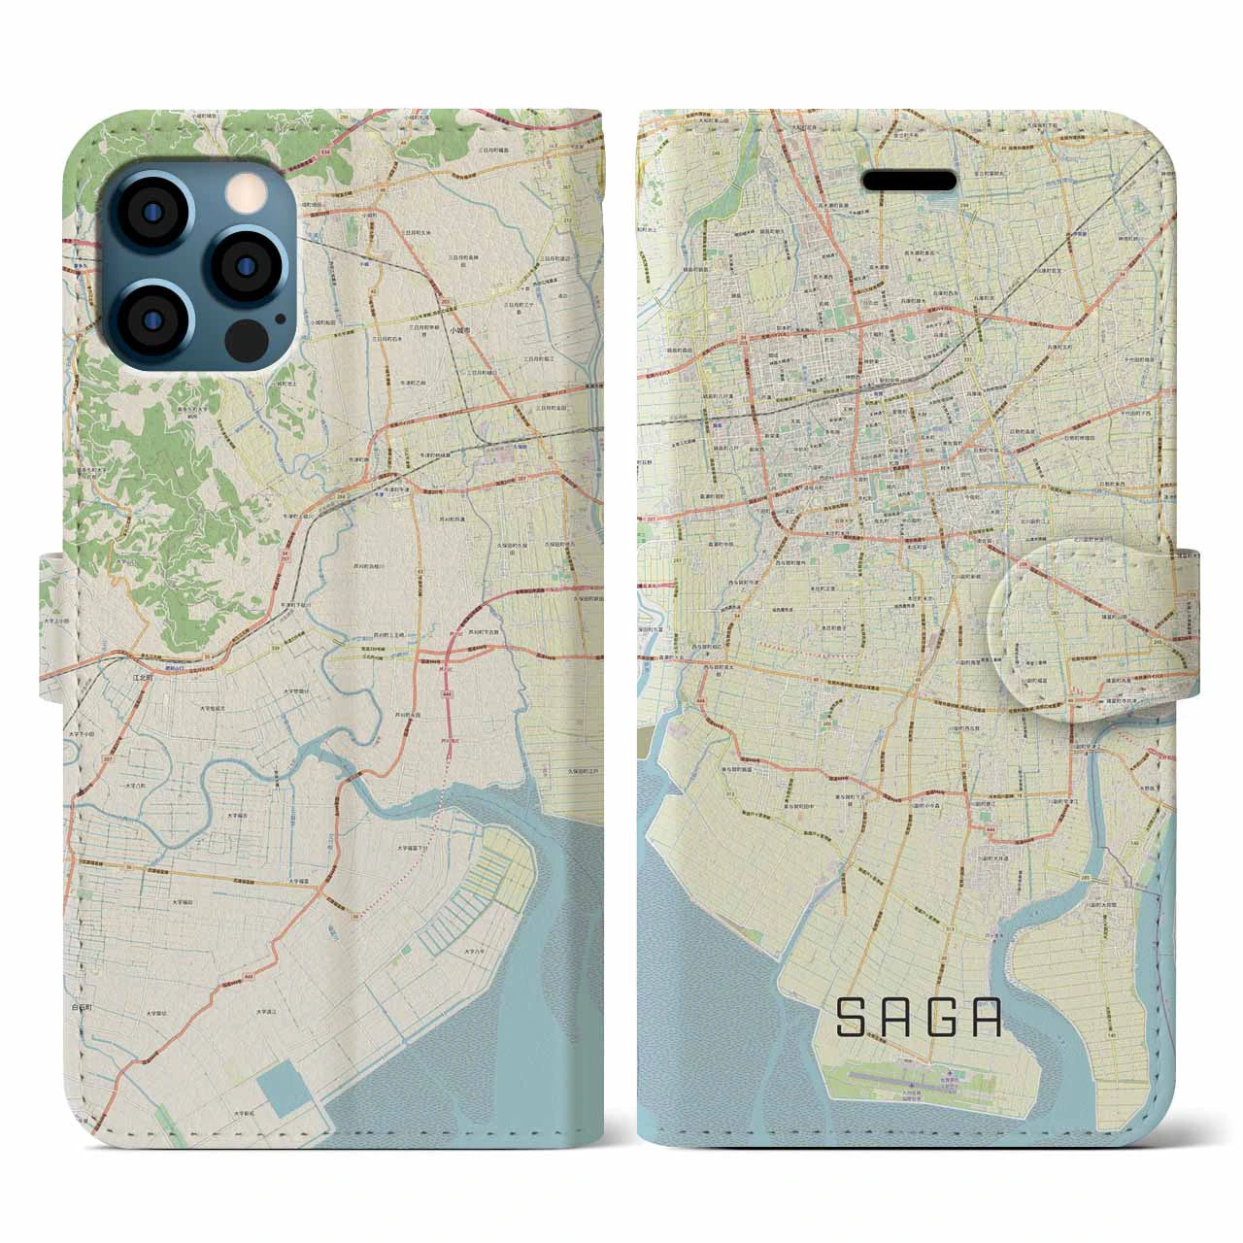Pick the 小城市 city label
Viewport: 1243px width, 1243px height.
tap(463, 330)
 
